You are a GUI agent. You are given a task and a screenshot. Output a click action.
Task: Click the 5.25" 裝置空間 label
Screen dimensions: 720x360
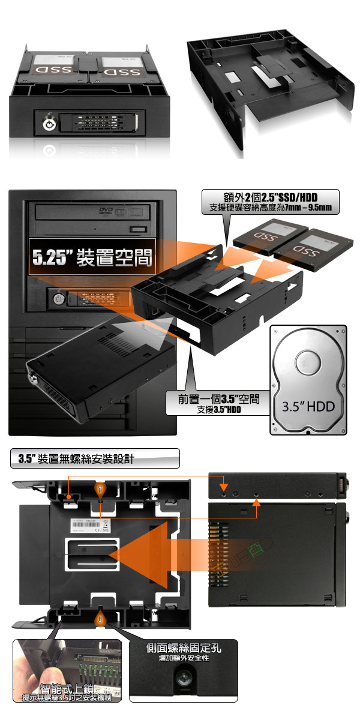(x=92, y=259)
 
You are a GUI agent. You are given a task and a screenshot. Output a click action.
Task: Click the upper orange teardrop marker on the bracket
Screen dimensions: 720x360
(x=101, y=490)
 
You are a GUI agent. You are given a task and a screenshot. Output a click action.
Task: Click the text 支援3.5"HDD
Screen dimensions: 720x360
(x=218, y=411)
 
